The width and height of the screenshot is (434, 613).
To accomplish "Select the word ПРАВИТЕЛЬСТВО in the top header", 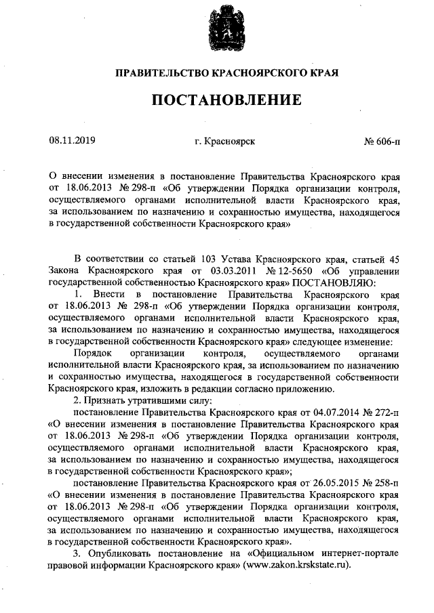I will coord(160,72).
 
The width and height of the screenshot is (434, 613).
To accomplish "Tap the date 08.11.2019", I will coord(73,141).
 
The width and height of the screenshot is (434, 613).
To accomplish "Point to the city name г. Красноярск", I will coord(224,142).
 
